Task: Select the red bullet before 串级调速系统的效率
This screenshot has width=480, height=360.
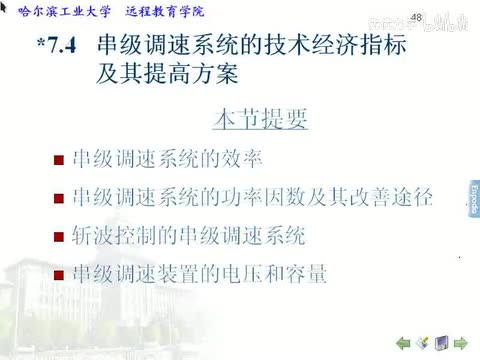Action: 59,159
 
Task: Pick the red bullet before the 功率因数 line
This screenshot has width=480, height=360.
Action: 59,198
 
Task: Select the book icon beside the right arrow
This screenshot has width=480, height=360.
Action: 441,343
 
